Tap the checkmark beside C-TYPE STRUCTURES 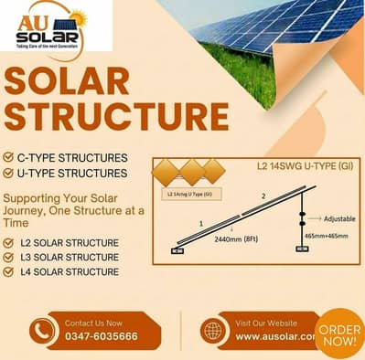tap(9, 157)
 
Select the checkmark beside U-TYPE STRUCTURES tap(9, 173)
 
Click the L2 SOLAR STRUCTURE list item tap(70, 243)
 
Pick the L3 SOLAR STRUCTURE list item tap(70, 258)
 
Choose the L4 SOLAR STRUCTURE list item tap(70, 272)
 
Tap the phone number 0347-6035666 tap(102, 337)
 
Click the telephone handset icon tap(42, 331)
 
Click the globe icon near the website tap(214, 331)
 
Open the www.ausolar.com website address tap(275, 337)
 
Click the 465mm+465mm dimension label tap(327, 237)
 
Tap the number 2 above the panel tap(265, 196)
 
